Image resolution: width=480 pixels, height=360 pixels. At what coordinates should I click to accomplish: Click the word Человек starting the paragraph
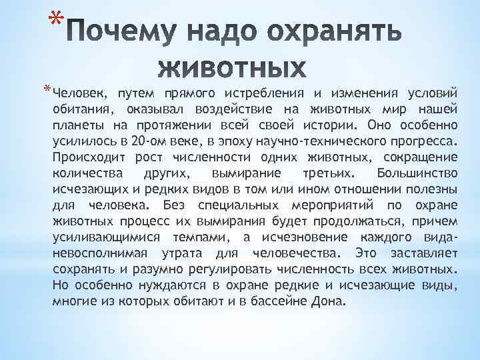click(75, 93)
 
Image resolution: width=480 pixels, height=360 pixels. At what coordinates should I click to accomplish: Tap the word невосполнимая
click(97, 253)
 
